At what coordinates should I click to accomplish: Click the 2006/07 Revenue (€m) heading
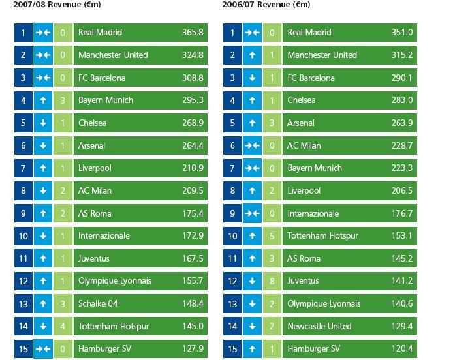pos(266,5)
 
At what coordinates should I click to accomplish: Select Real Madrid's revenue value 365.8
pos(193,33)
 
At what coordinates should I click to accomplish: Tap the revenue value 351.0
pos(402,33)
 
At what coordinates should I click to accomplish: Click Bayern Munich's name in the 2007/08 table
pos(106,100)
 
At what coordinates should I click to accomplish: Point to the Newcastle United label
pos(319,326)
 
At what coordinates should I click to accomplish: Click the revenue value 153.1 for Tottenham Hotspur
pos(402,236)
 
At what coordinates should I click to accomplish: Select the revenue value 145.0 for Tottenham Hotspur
pos(193,326)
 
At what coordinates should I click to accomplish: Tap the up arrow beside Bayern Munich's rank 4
pos(43,100)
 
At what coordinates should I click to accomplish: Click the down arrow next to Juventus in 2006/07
pos(252,281)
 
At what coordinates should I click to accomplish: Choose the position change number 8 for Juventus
pos(272,281)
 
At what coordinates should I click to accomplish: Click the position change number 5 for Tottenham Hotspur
pos(272,236)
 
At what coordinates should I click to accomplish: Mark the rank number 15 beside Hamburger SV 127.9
pos(23,349)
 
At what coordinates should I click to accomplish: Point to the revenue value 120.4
pos(402,349)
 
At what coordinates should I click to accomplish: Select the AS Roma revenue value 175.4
pos(193,213)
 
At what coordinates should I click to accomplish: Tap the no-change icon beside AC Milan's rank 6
pos(252,145)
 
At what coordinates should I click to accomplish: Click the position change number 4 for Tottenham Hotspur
pos(63,326)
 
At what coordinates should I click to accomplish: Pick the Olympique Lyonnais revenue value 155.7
pos(193,281)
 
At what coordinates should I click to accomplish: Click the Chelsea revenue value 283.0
pos(402,100)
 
